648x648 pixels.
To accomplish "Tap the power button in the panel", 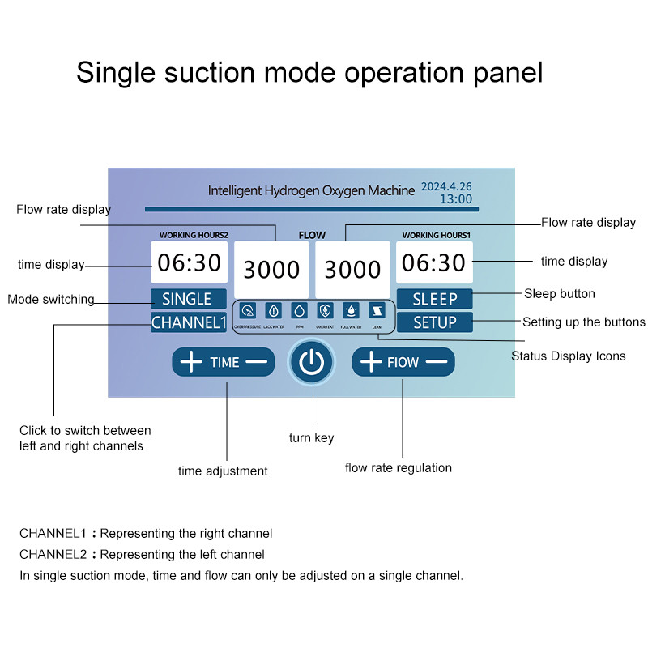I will click(x=311, y=362).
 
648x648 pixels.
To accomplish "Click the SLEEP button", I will click(x=434, y=299).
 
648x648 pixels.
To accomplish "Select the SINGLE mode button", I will click(x=187, y=299).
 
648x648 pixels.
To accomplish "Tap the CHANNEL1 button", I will click(x=188, y=322).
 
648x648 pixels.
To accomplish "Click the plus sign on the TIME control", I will click(x=191, y=362).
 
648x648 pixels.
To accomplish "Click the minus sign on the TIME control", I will click(x=256, y=362).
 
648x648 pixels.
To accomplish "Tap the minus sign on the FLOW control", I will click(x=436, y=362).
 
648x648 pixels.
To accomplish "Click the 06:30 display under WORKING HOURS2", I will click(x=190, y=262).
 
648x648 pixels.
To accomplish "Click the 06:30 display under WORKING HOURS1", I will click(x=434, y=262).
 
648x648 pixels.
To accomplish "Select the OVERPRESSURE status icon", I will click(x=248, y=310).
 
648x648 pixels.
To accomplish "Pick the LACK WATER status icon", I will click(x=273, y=310).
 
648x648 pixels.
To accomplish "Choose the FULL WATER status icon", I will click(x=351, y=310).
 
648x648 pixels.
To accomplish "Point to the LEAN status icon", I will click(x=376, y=310).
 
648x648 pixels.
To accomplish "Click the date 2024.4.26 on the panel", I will click(x=446, y=186).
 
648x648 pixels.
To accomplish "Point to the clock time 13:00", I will click(x=456, y=198).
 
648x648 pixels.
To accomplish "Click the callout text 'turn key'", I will click(x=311, y=438).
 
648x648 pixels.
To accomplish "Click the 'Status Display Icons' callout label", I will click(x=568, y=356).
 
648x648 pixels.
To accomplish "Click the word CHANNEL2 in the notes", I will click(x=53, y=555).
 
